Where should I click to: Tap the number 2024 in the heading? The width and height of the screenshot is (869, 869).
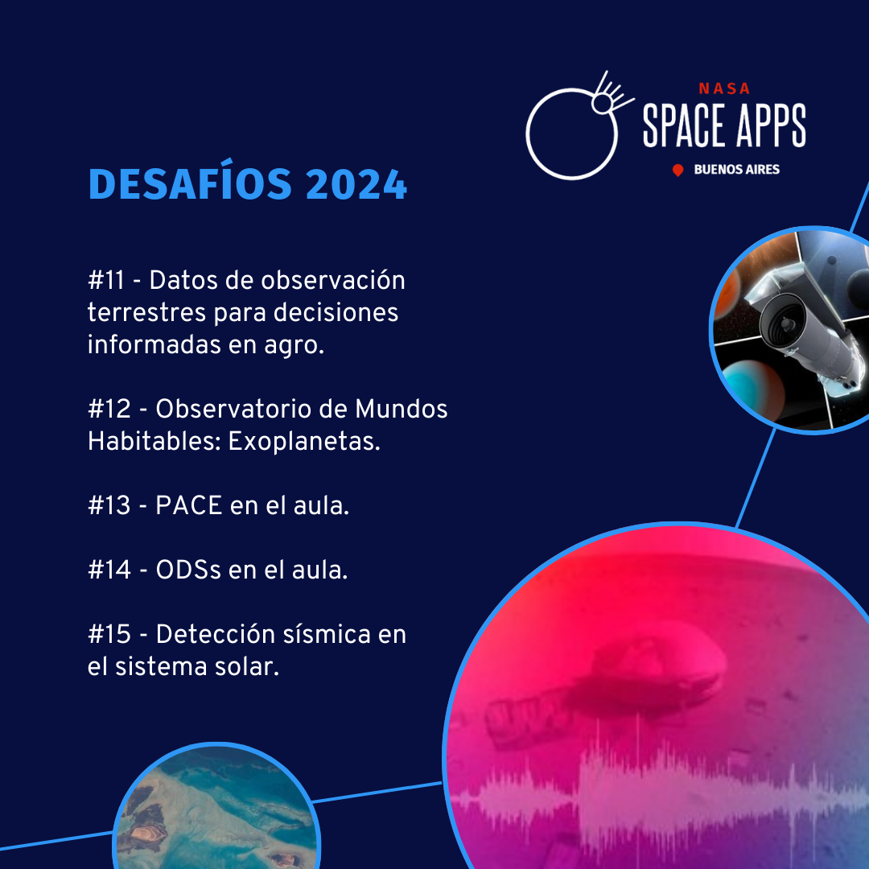tap(356, 184)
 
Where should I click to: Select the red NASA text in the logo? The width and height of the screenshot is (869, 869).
tap(724, 89)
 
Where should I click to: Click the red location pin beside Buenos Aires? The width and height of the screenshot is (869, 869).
tap(677, 170)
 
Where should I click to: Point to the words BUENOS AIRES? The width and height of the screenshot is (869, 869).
tap(736, 170)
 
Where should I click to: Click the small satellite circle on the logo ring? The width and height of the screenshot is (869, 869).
tap(601, 103)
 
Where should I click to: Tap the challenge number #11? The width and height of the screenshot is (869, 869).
tap(106, 280)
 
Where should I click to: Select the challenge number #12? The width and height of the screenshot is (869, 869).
tap(109, 409)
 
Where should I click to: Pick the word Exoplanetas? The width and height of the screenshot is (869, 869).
tap(304, 442)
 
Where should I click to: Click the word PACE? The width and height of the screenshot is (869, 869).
tap(188, 505)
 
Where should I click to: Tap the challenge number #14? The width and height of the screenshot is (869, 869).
tap(109, 570)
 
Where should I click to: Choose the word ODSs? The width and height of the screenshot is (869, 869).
tap(188, 570)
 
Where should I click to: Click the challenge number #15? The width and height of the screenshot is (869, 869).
tap(109, 634)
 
